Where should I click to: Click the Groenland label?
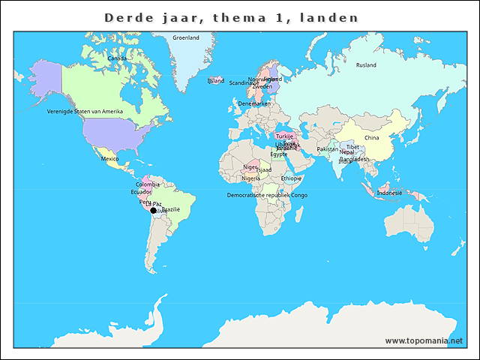tap(186, 37)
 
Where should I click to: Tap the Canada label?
tap(117, 58)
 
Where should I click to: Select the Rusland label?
tap(366, 65)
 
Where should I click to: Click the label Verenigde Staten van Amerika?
tap(85, 111)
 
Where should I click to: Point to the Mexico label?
tap(110, 159)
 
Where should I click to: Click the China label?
tap(372, 138)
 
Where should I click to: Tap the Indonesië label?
tap(389, 193)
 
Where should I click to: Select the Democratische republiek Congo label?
tap(267, 195)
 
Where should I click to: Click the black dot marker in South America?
tap(153, 211)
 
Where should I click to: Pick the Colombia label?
tap(148, 184)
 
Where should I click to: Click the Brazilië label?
tap(171, 209)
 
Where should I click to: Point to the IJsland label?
tap(216, 80)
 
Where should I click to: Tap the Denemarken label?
tap(254, 103)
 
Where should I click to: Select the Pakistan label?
tap(328, 149)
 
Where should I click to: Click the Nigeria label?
tap(251, 178)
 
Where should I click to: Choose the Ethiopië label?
tap(292, 178)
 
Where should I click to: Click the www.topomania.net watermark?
tap(424, 340)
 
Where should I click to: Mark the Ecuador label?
tap(141, 192)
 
